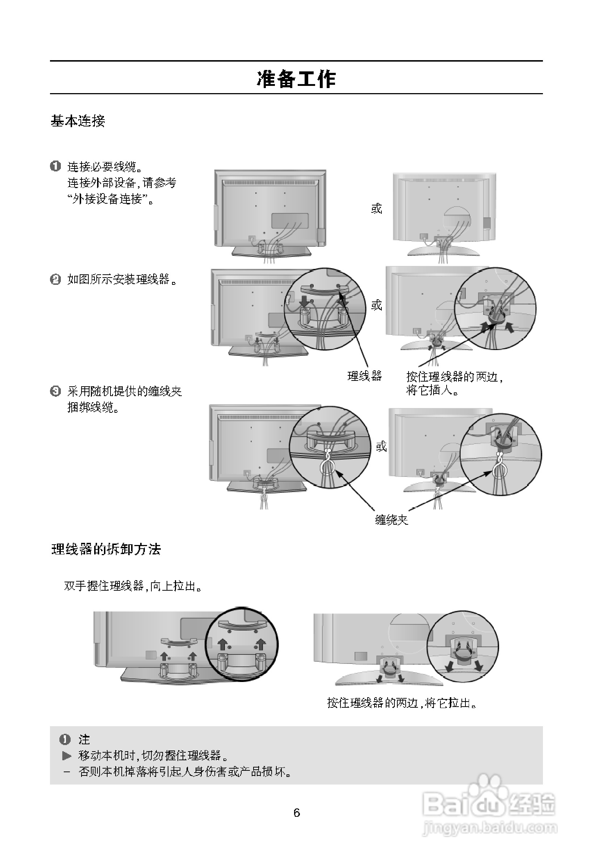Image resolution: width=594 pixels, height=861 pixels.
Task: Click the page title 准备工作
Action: pos(296,79)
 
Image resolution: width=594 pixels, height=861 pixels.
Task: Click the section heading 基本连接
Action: pos(78,121)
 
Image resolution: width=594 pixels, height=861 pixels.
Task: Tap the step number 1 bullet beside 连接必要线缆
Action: pos(55,166)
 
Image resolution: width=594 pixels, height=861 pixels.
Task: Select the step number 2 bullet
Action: pos(55,279)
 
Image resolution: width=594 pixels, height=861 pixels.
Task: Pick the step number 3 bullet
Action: pos(55,391)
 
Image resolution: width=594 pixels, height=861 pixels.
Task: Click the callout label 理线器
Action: pos(364,376)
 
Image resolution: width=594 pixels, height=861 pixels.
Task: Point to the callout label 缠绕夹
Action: pos(392,520)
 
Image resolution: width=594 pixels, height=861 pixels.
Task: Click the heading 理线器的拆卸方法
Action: pos(106,549)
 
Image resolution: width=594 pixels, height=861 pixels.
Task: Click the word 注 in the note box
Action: pos(84,739)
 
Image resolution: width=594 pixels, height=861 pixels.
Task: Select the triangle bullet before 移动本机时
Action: pos(67,756)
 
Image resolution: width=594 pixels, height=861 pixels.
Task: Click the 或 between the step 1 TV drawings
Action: pos(376,209)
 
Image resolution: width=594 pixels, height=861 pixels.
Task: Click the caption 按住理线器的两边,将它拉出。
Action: pos(402,703)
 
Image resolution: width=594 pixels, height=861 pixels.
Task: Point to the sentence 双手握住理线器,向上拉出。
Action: pos(134,586)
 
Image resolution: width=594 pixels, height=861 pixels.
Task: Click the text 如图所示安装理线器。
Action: pos(122,279)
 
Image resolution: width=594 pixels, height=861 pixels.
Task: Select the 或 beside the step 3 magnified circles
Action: pos(381,446)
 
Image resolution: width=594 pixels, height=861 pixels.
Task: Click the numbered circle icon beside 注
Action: pos(65,740)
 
